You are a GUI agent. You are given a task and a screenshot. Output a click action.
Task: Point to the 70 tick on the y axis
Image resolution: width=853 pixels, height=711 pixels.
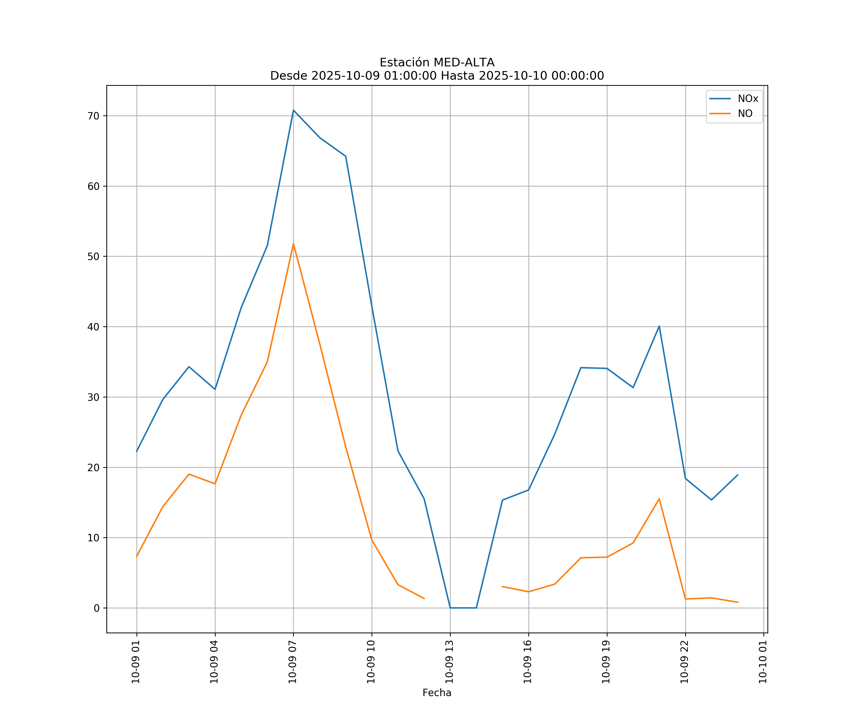tap(93, 116)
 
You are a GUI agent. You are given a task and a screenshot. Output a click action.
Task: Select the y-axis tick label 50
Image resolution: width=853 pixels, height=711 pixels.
tap(93, 256)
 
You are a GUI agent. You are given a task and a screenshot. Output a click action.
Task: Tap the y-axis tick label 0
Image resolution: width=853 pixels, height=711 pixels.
tap(96, 608)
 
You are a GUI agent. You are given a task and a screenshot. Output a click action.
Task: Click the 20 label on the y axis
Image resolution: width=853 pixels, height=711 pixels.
tap(93, 468)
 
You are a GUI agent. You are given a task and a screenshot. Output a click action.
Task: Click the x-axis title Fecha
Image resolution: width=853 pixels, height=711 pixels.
tap(437, 693)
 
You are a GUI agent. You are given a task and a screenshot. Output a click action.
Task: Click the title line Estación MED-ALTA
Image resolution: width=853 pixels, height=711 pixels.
tap(437, 63)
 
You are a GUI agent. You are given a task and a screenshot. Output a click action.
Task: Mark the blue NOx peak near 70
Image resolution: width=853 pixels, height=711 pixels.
tap(293, 110)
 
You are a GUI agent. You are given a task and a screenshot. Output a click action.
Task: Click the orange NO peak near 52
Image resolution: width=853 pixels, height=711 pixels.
tap(293, 244)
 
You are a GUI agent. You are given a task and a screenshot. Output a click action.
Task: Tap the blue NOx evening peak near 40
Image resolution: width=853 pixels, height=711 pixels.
tap(659, 326)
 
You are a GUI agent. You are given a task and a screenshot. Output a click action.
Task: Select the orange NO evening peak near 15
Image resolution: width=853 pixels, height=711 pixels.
tap(659, 498)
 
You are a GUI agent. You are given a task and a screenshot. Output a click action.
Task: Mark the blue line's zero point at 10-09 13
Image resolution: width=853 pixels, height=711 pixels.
tap(450, 608)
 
